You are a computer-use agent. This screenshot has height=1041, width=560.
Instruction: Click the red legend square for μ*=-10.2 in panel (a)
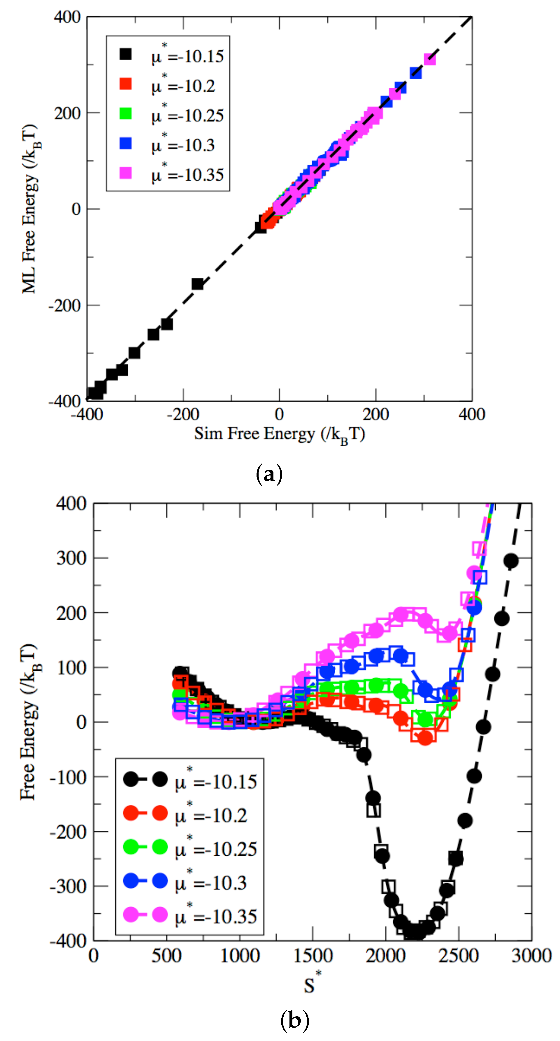(x=126, y=84)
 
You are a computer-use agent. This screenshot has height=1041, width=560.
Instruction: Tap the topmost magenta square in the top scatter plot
(x=429, y=59)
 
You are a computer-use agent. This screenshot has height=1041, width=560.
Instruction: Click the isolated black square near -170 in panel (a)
(x=197, y=284)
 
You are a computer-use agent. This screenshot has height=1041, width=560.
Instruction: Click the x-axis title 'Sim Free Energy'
(x=279, y=434)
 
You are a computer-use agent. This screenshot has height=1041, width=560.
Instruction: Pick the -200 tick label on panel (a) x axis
(x=183, y=415)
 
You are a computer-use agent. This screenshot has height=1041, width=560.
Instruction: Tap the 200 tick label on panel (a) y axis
(x=67, y=113)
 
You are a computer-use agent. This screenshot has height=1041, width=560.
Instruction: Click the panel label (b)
(x=294, y=1019)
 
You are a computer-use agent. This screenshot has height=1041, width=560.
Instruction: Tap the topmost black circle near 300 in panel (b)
(x=511, y=561)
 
